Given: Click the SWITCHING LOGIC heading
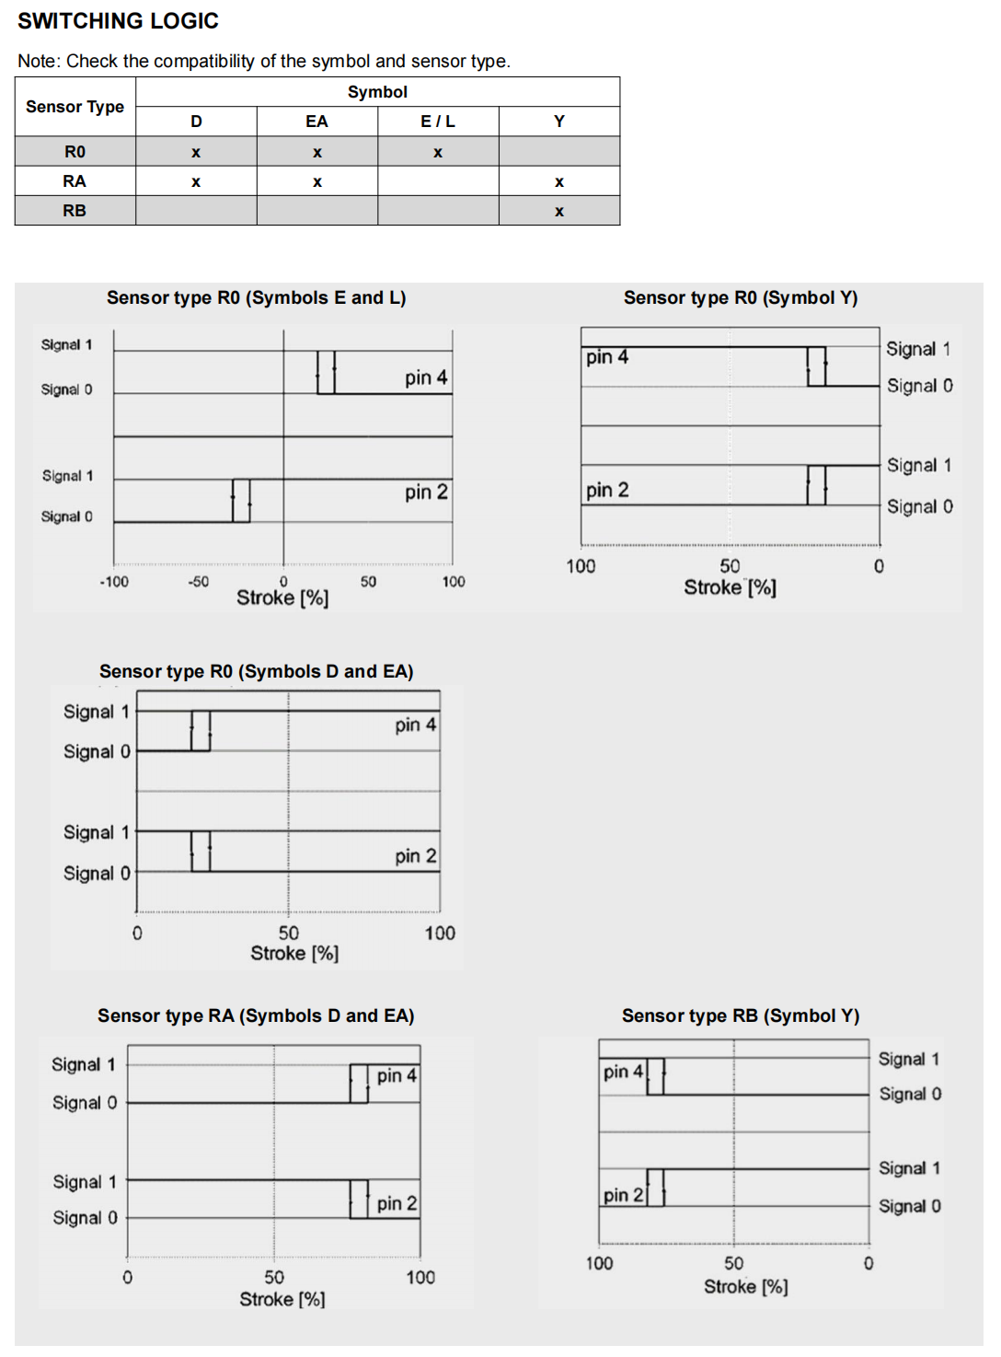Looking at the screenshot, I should click(x=118, y=21).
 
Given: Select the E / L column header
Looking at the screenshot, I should click(x=438, y=122).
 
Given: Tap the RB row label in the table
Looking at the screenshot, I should click(x=75, y=211).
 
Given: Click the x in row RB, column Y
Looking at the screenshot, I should click(x=559, y=212).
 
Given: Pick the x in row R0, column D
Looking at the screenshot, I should click(x=196, y=153).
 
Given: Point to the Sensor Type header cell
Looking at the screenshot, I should click(x=75, y=107).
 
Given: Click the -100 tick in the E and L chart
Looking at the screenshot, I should click(x=114, y=582).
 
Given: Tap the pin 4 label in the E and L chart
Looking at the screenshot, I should click(x=426, y=377).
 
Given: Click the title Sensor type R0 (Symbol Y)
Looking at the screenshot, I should click(x=740, y=297).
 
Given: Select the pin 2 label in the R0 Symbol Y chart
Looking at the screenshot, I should click(x=607, y=490).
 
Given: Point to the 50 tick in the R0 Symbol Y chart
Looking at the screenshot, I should click(x=730, y=566).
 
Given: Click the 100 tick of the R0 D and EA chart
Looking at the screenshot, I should click(x=440, y=934).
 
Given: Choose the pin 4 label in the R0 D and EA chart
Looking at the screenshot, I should click(x=416, y=725).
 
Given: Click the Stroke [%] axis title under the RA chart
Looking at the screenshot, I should click(x=282, y=1299).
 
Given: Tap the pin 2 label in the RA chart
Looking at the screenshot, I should click(x=397, y=1203).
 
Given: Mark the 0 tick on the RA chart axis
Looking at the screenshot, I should click(x=127, y=1278).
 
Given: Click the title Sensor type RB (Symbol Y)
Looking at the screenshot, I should click(x=740, y=1015).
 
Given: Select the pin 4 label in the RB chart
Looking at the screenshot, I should click(x=623, y=1073).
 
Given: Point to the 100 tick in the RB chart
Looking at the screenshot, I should click(x=599, y=1263).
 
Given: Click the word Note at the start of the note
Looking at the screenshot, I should click(x=38, y=62).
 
